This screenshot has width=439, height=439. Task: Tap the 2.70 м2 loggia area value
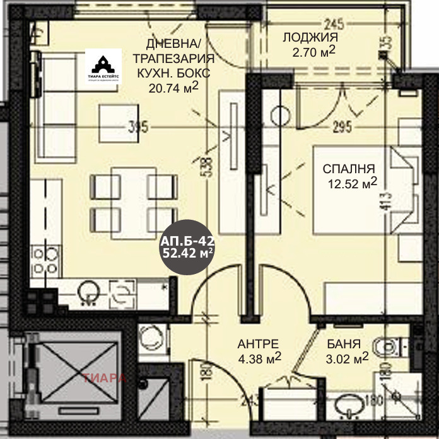click(313, 50)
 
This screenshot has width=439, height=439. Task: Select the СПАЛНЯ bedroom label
click(349, 168)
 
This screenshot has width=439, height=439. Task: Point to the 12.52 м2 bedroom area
click(352, 183)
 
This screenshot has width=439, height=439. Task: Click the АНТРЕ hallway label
click(258, 344)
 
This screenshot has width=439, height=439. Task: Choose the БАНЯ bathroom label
click(344, 345)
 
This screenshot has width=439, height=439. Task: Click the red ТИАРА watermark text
click(105, 379)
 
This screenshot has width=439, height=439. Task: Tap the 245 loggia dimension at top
click(334, 25)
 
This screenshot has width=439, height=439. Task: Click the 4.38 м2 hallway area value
click(259, 359)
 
